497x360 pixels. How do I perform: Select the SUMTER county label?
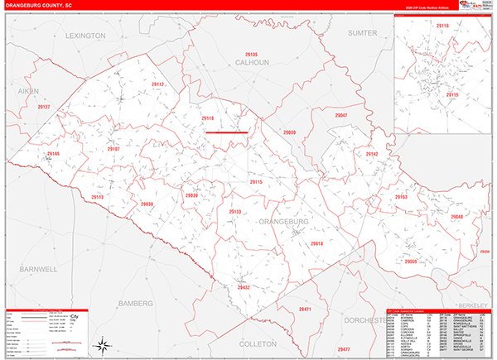pos(362,33)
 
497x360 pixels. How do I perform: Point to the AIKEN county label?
pos(28,91)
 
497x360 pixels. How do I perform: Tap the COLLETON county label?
pos(257,342)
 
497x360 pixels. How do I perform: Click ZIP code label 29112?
pos(158,85)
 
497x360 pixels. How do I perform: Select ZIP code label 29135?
pos(251,55)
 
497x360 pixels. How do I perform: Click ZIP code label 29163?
pos(401,197)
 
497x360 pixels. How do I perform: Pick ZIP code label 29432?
pos(244,287)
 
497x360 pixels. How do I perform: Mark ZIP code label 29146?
pos(54,155)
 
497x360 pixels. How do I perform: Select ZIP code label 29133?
pos(234,213)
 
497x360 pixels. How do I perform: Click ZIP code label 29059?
pos(413,261)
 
